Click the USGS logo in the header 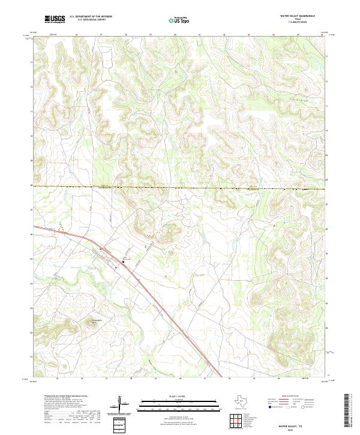(55, 19)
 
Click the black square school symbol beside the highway (124, 262)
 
